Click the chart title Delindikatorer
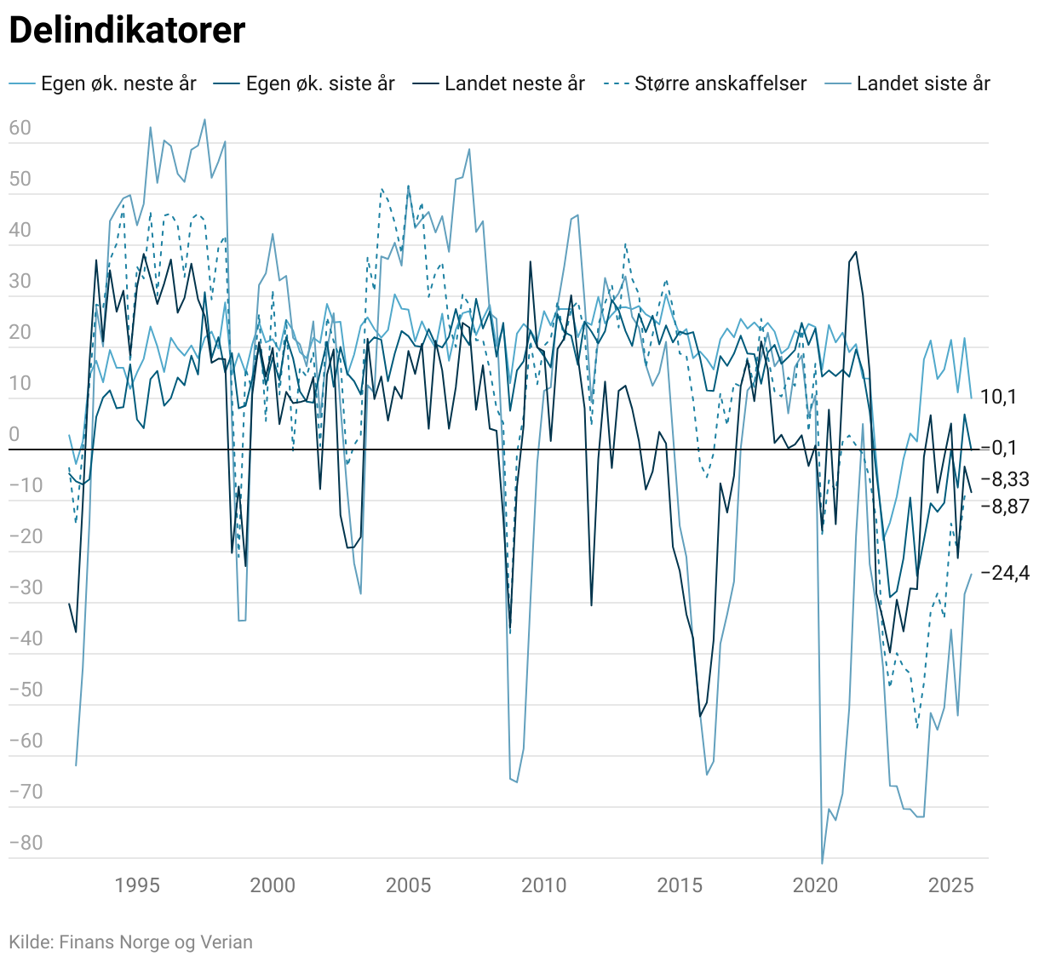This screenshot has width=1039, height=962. click(x=127, y=31)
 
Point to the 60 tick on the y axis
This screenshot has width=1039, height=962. click(x=20, y=129)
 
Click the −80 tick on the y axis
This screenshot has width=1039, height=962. click(x=26, y=843)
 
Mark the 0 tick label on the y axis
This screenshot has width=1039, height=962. click(x=14, y=435)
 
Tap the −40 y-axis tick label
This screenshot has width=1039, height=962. click(x=26, y=638)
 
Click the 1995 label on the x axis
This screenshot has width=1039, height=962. click(x=137, y=885)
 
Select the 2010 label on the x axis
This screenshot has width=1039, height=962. click(x=544, y=885)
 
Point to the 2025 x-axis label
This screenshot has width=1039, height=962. click(x=951, y=885)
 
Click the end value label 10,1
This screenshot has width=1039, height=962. click(x=998, y=397)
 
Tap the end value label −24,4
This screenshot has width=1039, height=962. click(x=1005, y=573)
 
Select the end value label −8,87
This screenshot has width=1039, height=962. click(x=1005, y=507)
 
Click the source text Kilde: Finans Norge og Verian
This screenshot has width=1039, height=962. click(x=130, y=942)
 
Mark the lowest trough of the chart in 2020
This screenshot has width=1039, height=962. click(x=822, y=863)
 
